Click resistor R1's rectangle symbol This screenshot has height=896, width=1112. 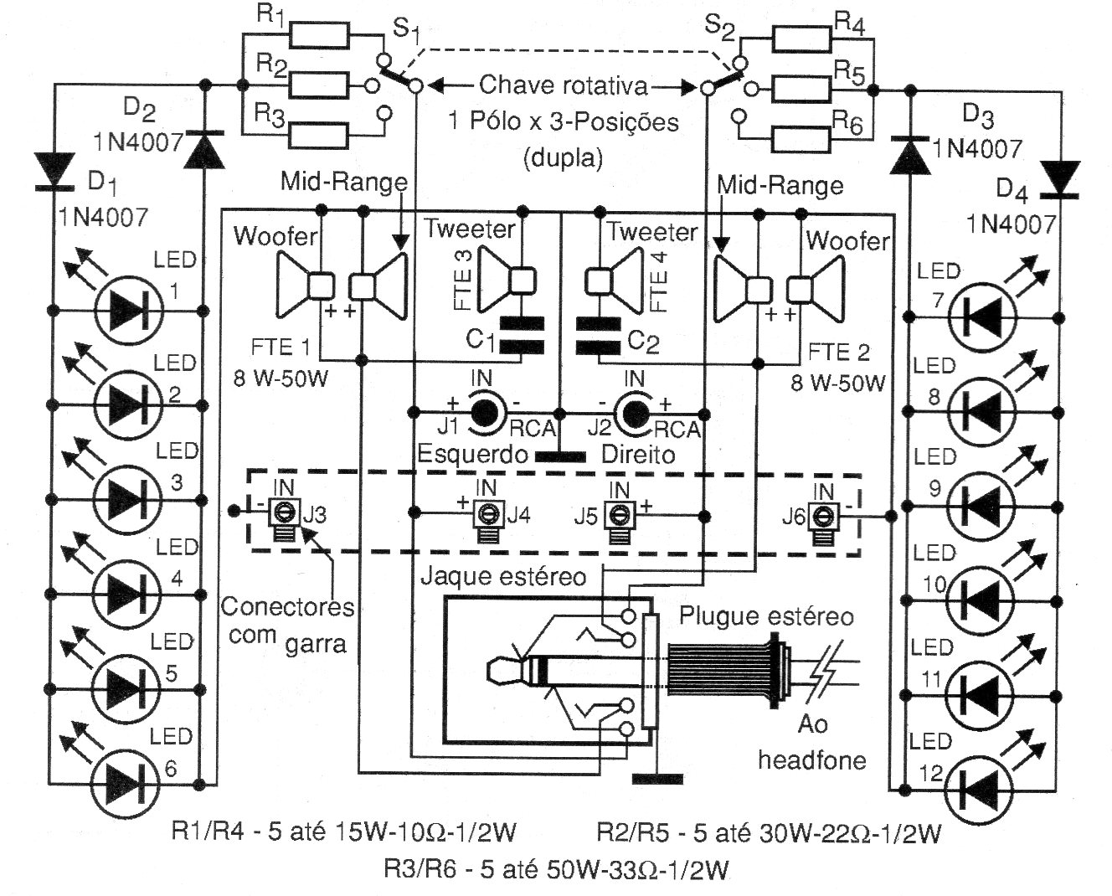pyautogui.click(x=319, y=36)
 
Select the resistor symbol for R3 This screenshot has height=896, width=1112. pyautogui.click(x=319, y=136)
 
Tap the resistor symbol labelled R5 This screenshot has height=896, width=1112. pyautogui.click(x=801, y=89)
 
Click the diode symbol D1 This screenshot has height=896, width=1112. pyautogui.click(x=54, y=172)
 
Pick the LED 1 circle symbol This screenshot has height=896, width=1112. pyautogui.click(x=129, y=311)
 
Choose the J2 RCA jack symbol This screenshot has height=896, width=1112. pyautogui.click(x=634, y=414)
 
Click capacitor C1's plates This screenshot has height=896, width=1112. pyautogui.click(x=522, y=335)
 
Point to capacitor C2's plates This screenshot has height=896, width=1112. pyautogui.click(x=598, y=336)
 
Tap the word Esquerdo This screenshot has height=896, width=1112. pyautogui.click(x=472, y=454)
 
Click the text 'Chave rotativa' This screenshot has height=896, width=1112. pyautogui.click(x=563, y=85)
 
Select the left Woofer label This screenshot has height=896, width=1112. pyautogui.click(x=275, y=236)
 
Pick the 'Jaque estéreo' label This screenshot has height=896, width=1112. pyautogui.click(x=504, y=577)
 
